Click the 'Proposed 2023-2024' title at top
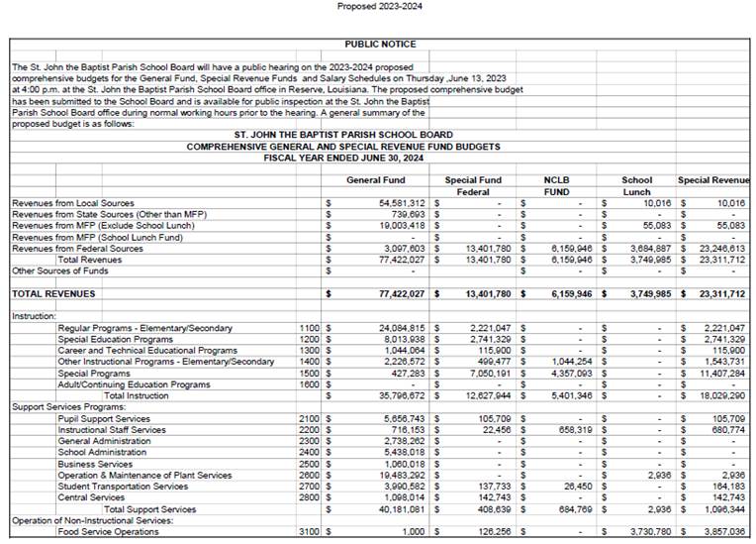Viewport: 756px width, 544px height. (377, 7)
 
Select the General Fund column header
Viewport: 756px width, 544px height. (375, 180)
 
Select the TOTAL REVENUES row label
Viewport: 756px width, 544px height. (53, 294)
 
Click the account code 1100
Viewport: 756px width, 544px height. (308, 328)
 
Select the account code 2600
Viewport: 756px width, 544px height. (308, 476)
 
